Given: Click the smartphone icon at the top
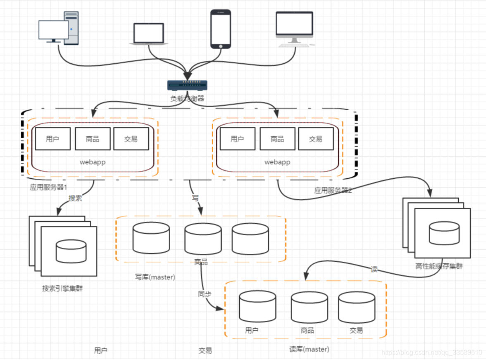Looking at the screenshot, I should click(x=221, y=29).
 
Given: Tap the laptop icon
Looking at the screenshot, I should click(x=148, y=33).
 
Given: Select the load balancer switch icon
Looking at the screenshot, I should click(x=187, y=85).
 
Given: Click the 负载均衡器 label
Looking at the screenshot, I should click(x=187, y=99).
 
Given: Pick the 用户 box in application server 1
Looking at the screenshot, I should click(x=52, y=139).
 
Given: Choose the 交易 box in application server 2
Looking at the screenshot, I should click(x=315, y=139).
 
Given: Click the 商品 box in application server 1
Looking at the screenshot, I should click(x=93, y=139).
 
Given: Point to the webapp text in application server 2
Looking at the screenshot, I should click(x=277, y=162).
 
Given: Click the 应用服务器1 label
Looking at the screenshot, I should click(x=48, y=187).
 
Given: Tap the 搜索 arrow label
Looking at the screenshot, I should click(x=75, y=198).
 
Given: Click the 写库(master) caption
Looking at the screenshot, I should click(x=155, y=277).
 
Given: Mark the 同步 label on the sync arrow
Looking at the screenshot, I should click(x=205, y=294).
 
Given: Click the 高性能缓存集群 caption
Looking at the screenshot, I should click(x=439, y=266).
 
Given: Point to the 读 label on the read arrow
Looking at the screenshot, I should click(x=374, y=269).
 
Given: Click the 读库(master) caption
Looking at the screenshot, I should click(x=309, y=349).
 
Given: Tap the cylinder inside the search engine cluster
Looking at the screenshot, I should click(x=71, y=251).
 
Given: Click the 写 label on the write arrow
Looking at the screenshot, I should click(x=195, y=198).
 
